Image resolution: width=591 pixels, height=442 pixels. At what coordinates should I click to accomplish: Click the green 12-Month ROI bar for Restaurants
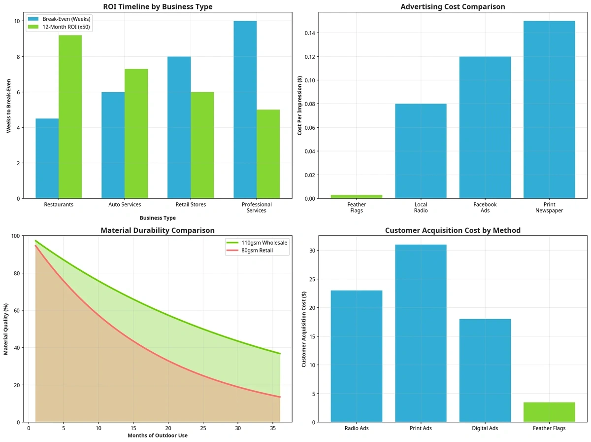point(70,117)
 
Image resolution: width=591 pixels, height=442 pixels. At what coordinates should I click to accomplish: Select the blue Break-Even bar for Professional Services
point(245,110)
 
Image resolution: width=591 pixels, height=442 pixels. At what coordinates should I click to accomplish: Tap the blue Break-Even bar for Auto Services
point(113,145)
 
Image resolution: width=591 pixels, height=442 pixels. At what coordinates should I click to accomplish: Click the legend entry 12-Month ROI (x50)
point(61,28)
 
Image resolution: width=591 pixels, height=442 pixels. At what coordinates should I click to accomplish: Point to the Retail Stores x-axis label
point(191,204)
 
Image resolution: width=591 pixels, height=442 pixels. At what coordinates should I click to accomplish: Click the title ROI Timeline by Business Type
point(158,7)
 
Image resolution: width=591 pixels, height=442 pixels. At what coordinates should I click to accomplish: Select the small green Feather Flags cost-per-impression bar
point(357,196)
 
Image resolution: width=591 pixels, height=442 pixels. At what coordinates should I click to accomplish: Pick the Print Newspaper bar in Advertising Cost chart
point(549,110)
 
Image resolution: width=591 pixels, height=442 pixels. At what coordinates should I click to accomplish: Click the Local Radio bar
point(421,151)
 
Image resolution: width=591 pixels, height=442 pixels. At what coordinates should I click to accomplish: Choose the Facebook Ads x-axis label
point(485,207)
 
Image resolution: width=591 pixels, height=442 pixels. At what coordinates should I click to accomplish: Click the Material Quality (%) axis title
point(6,329)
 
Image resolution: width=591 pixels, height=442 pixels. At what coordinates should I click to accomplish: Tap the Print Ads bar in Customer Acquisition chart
point(421,333)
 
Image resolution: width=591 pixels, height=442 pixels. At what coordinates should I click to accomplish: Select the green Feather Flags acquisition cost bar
point(549,412)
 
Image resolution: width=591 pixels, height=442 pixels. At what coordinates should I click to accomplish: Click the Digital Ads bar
point(485,370)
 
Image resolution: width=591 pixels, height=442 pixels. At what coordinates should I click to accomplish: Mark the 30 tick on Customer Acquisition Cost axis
point(319,251)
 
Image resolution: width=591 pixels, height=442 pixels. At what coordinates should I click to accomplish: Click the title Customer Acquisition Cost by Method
point(453,230)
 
